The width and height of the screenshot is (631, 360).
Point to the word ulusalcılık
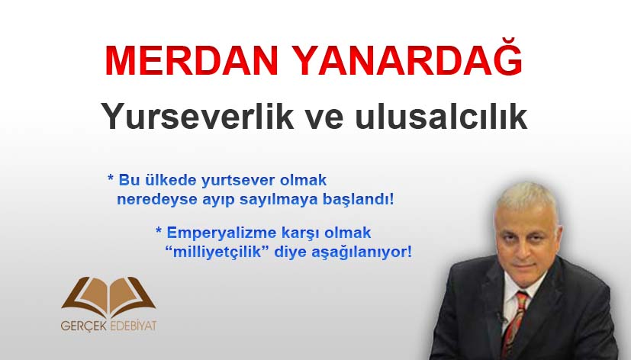[x=441, y=116]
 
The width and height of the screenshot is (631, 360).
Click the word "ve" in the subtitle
[x=324, y=119]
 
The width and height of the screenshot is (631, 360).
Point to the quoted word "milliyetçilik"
[x=217, y=252]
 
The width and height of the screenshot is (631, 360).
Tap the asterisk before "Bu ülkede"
[x=111, y=178]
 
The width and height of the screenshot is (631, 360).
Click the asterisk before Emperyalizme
[x=159, y=230]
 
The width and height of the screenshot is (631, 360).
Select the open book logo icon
[x=108, y=297]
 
